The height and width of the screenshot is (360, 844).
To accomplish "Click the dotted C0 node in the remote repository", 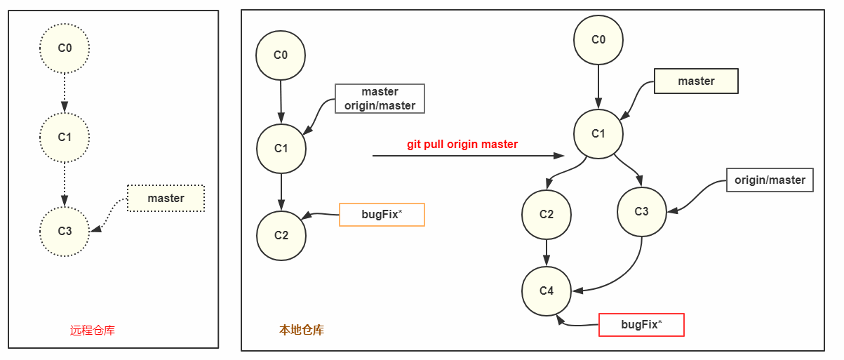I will coord(65,48).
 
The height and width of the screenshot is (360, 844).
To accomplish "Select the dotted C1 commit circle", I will coord(65,138).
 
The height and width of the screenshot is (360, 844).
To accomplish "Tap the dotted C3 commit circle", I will coord(65,230).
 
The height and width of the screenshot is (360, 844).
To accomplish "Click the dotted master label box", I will coord(166,199).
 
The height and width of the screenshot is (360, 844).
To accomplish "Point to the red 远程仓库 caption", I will coord(93,330).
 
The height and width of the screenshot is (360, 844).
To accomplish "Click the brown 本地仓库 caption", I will coord(302,330).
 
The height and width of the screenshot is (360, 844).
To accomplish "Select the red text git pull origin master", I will coord(462,145).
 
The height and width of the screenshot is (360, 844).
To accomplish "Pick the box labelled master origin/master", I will coord(380,99).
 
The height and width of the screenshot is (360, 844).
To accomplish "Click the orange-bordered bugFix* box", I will coord(382,215).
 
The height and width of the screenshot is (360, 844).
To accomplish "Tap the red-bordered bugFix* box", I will coord(641,325).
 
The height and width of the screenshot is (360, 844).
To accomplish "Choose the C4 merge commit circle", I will coord(547,291).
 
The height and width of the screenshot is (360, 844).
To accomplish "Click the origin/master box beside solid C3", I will coord(770,180).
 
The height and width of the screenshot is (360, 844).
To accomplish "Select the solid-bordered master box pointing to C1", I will coord(695,81).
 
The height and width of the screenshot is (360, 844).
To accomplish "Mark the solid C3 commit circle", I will coord(641,212).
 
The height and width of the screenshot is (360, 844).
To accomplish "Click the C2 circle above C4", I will coord(547,214).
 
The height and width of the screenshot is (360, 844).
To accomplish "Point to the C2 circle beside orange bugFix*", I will coord(281,235).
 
